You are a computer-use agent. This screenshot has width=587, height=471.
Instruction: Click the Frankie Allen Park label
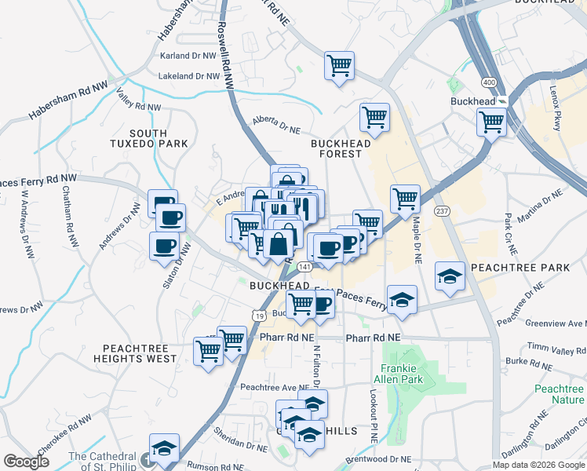(402, 374)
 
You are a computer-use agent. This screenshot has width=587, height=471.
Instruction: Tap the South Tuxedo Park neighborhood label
(159, 138)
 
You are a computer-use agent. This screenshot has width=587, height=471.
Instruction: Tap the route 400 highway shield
(490, 82)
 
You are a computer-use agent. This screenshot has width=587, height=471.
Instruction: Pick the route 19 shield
(258, 314)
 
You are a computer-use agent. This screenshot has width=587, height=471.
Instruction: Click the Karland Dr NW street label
(188, 56)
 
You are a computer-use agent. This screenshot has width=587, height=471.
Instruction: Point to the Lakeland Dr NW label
(187, 76)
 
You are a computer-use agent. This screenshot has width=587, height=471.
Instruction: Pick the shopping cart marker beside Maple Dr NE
(405, 199)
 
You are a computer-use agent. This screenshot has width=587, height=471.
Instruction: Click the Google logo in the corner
(26, 462)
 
